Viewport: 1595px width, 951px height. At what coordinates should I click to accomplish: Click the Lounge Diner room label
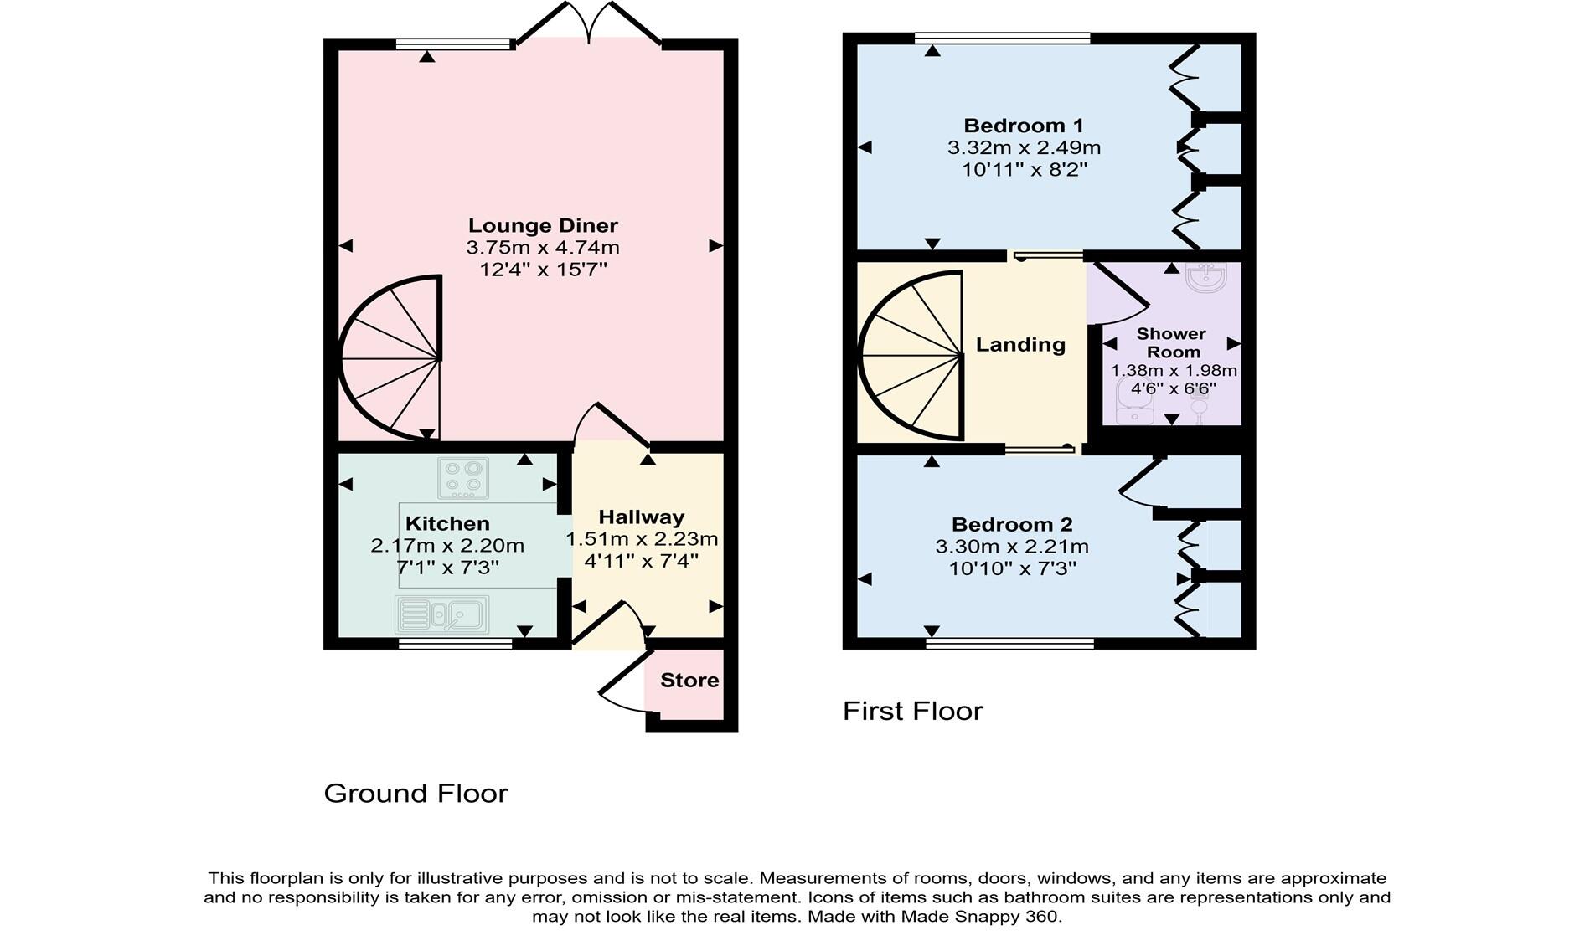pos(543,226)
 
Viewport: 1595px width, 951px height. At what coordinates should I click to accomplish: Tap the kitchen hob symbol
pos(463,478)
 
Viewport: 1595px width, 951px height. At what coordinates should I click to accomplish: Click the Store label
pos(689,681)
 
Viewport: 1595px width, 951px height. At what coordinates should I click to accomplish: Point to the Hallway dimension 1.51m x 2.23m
pos(643,539)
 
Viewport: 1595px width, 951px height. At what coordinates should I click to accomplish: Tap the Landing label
pos(1020,345)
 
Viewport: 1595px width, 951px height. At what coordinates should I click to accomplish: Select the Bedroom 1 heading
pos(1024,126)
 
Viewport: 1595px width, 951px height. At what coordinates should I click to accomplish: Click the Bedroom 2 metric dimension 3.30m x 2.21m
pos(1012,547)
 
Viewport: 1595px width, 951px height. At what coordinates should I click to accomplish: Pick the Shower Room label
pos(1172,343)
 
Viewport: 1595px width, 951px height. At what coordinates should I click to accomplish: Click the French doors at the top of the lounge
pos(589,23)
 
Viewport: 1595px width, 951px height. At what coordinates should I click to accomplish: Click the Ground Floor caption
pos(416,794)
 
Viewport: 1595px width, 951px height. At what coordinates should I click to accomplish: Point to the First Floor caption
pos(912,712)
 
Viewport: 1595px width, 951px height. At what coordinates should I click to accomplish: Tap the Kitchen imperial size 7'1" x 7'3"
pos(447,568)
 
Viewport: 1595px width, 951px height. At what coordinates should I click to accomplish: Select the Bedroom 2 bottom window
pos(1010,644)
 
